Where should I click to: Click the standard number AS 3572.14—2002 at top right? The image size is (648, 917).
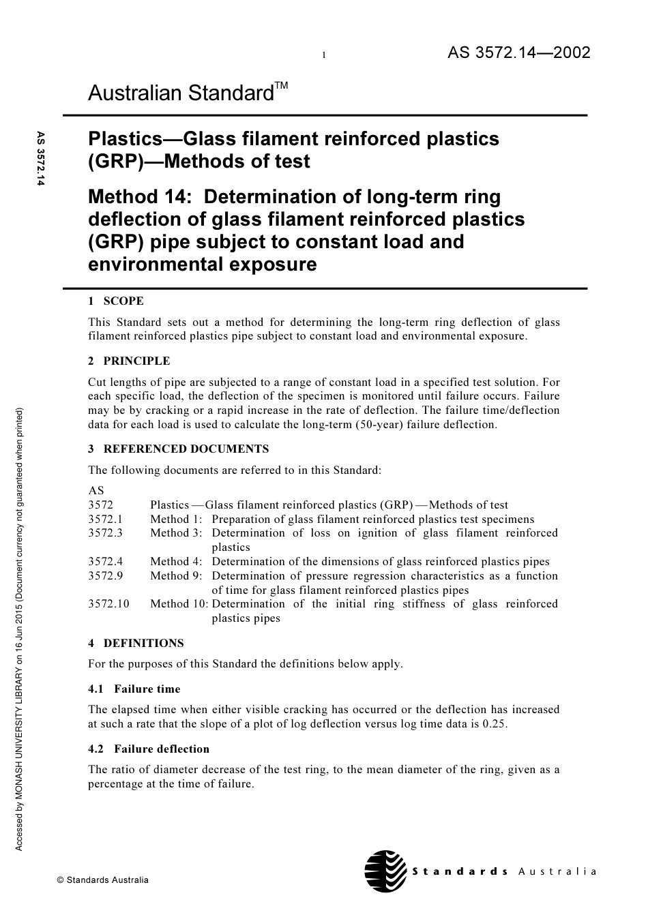[518, 53]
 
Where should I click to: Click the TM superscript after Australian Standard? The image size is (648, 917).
[281, 85]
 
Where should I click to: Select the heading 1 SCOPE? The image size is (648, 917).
[116, 301]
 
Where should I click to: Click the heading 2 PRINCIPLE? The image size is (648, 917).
[129, 361]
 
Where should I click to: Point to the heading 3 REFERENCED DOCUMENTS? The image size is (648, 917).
[179, 449]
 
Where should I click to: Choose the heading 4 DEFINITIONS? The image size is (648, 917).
[136, 643]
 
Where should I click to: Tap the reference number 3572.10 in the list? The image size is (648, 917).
[108, 603]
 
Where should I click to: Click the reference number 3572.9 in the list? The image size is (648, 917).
[106, 575]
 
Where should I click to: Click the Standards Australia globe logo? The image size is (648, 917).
[385, 871]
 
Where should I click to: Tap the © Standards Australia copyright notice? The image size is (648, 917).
[102, 880]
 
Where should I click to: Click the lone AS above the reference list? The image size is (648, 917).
[96, 490]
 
